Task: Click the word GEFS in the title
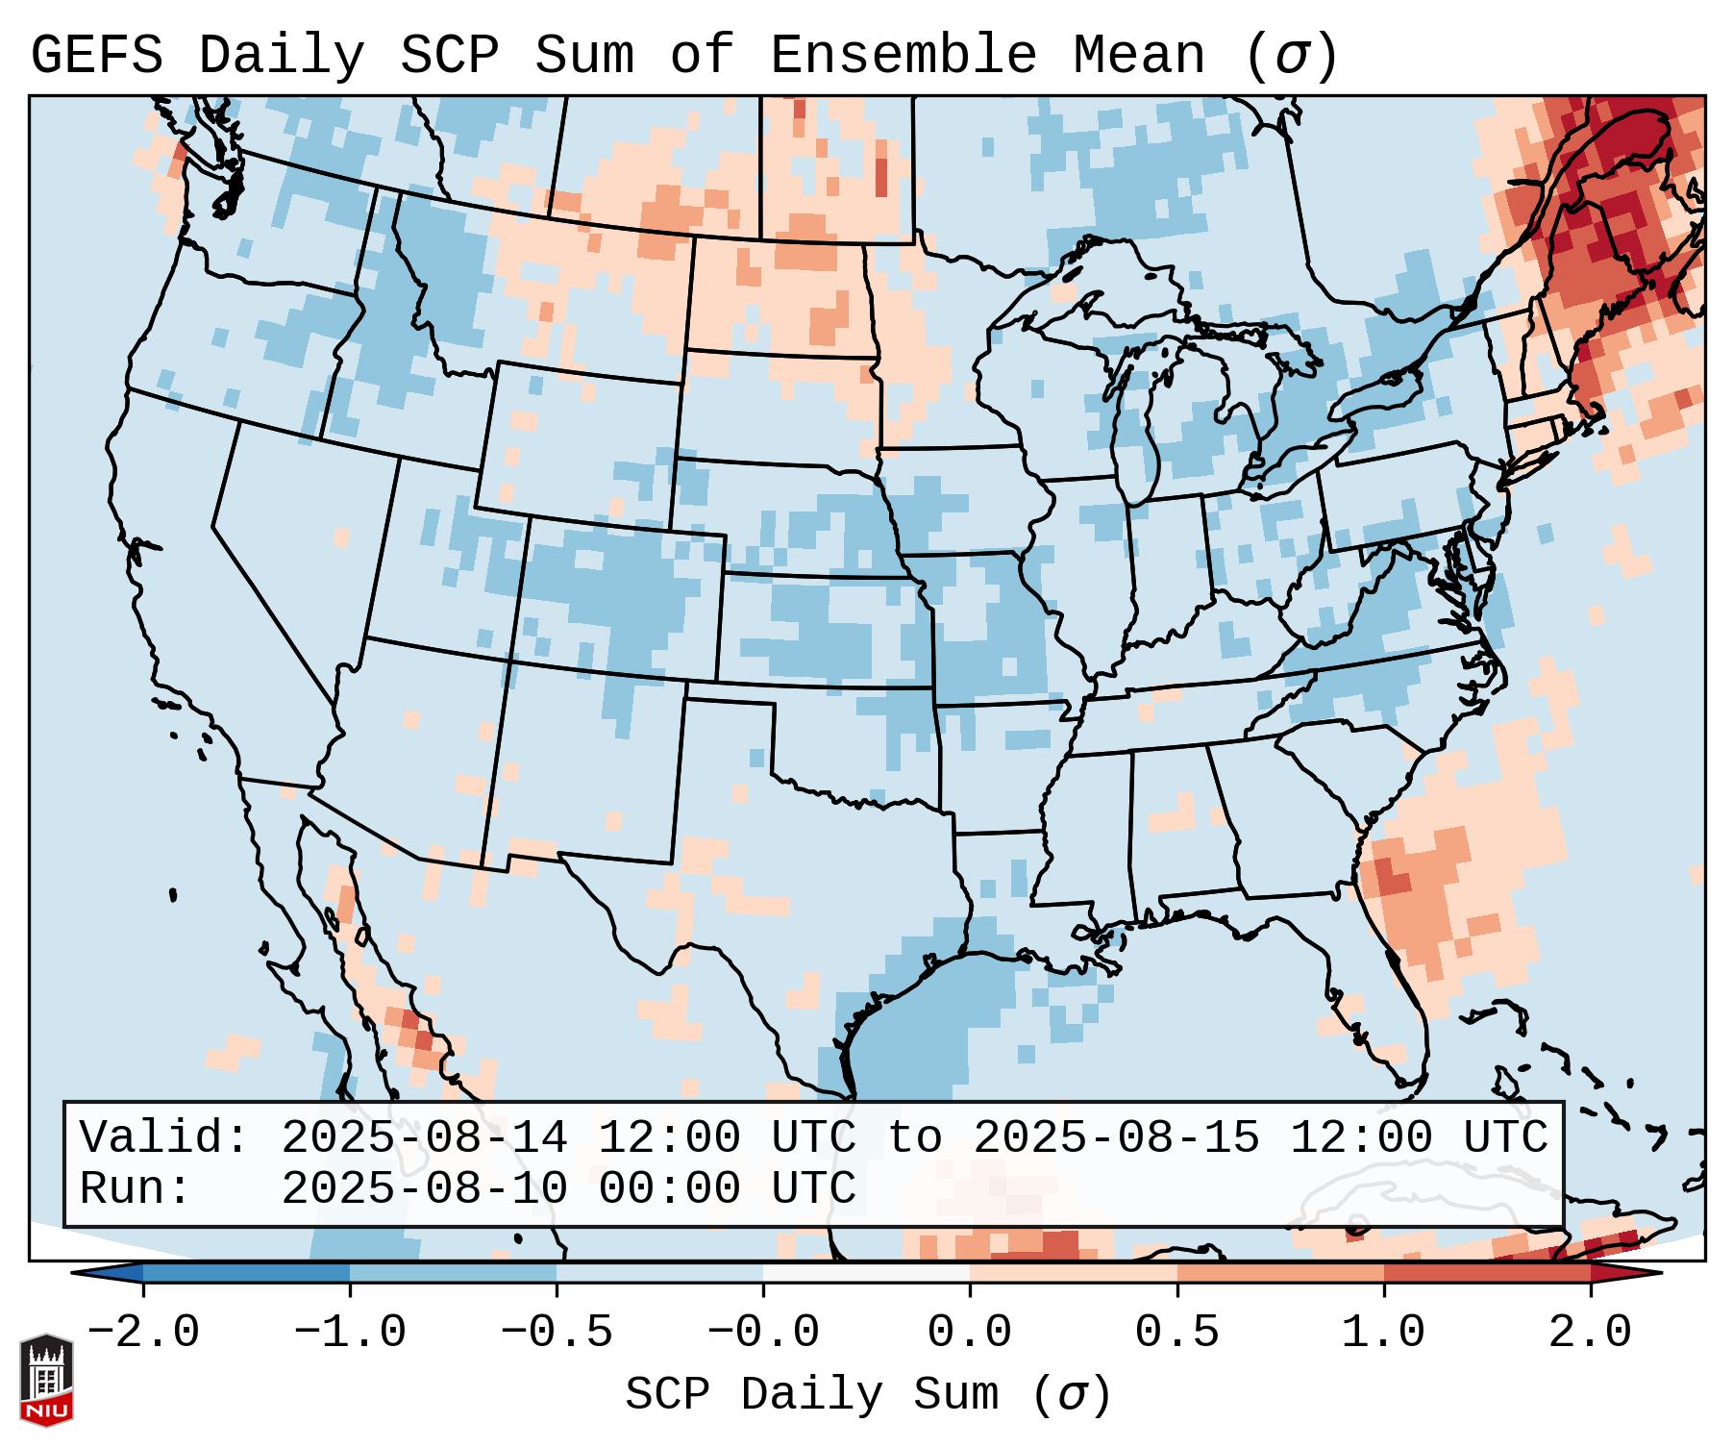point(96,56)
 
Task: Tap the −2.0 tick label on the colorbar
point(143,1333)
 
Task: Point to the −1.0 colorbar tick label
point(350,1333)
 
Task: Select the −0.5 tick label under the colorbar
point(557,1333)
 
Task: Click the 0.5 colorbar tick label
point(1176,1333)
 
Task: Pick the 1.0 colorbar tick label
point(1383,1333)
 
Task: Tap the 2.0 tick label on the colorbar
point(1590,1333)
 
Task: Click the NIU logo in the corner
point(46,1380)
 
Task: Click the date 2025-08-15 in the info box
point(1116,1137)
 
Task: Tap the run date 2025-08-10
point(424,1188)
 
